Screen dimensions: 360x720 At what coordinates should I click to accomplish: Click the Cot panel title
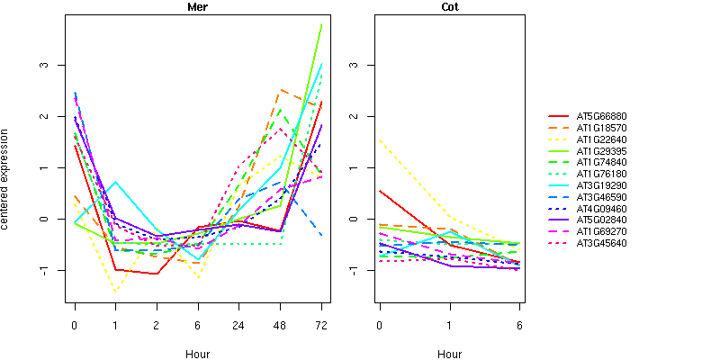[x=450, y=8]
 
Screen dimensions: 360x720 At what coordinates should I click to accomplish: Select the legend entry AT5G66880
[x=601, y=116]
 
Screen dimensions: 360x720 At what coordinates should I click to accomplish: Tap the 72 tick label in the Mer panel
[x=321, y=326]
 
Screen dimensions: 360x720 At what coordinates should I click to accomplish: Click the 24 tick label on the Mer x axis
[x=238, y=326]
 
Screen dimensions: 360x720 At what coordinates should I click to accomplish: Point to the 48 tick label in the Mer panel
[x=280, y=326]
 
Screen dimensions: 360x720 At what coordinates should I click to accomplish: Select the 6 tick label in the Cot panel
[x=519, y=326]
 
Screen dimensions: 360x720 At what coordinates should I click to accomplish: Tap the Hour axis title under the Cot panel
[x=450, y=354]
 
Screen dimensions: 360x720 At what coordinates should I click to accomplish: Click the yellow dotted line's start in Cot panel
[x=381, y=140]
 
